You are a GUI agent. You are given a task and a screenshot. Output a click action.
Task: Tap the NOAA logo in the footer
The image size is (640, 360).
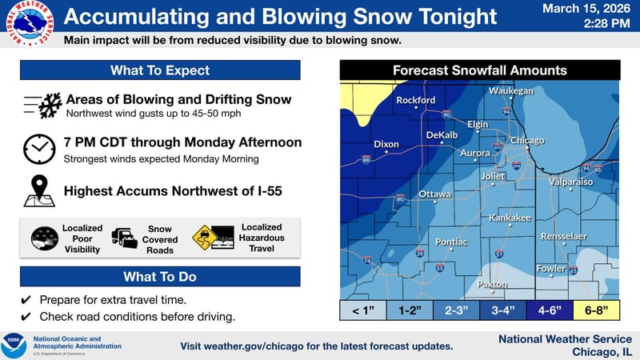click(14, 345)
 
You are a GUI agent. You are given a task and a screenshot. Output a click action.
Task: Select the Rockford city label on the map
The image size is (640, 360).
click(416, 100)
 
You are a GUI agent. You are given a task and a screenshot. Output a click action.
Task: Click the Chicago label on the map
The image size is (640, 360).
click(527, 140)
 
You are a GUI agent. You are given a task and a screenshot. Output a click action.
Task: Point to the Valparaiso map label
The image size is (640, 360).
click(570, 182)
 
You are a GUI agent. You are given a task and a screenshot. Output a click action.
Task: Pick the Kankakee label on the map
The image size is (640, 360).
click(510, 218)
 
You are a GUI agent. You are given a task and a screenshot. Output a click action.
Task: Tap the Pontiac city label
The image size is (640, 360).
click(451, 241)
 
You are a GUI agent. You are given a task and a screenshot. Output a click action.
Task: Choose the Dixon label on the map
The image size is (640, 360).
click(386, 144)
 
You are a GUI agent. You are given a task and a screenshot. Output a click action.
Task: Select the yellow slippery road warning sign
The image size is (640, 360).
click(205, 238)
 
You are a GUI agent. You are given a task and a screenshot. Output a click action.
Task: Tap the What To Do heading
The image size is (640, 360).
click(160, 277)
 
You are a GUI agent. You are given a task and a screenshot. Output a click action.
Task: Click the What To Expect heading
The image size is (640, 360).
click(160, 70)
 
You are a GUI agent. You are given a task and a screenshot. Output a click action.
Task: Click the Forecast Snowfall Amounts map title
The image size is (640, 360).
click(479, 70)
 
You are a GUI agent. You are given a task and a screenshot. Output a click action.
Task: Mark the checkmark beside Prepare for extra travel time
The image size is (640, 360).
click(26, 300)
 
